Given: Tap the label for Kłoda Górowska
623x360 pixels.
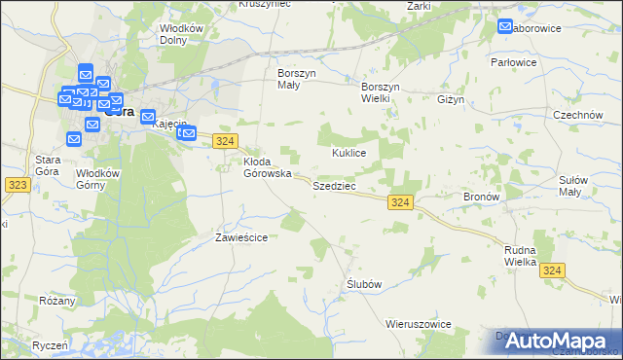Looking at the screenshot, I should coord(267,167).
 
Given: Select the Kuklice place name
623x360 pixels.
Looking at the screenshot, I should coord(348,154).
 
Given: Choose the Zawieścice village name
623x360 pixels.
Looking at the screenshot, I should coord(241,236).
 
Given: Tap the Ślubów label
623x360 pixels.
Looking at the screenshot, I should coord(363,283).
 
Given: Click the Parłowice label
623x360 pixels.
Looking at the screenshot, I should coord(542,62).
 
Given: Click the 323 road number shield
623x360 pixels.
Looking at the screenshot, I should coord(15,183).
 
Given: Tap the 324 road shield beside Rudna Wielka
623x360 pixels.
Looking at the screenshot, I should coord(553,270).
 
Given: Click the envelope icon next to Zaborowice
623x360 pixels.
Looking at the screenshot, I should coord(506,27).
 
